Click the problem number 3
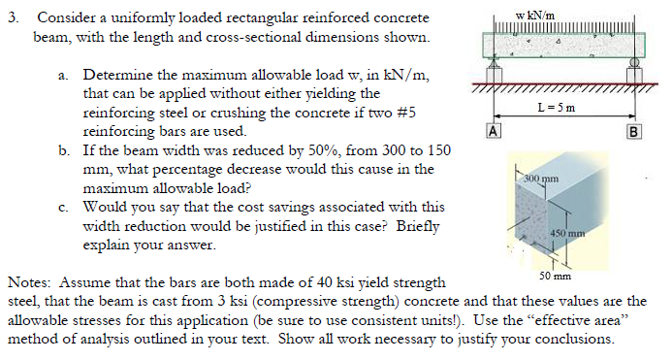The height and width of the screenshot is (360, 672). tap(12, 18)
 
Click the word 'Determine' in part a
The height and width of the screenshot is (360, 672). tap(117, 75)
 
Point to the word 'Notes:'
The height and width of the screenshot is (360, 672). tap(29, 283)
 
